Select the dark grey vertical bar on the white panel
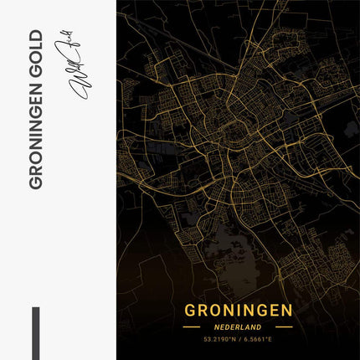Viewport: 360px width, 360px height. [x=35, y=332]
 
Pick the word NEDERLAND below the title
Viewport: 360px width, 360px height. [x=238, y=327]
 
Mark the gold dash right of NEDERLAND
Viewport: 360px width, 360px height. [x=283, y=327]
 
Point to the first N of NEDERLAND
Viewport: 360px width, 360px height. [x=217, y=327]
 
